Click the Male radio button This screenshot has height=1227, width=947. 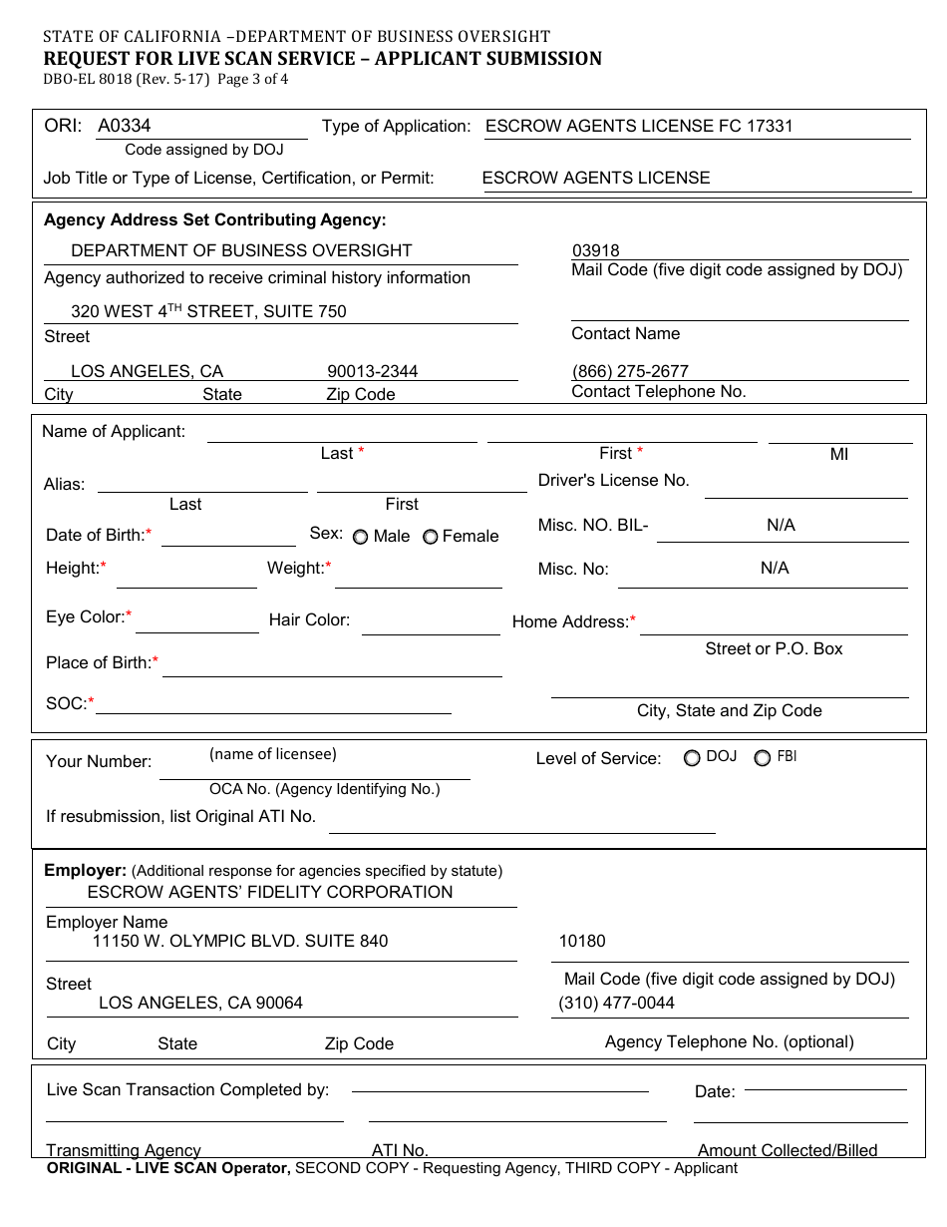tap(360, 537)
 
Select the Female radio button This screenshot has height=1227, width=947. tap(430, 537)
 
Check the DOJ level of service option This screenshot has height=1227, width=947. tap(692, 758)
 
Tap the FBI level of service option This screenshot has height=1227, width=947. tap(763, 758)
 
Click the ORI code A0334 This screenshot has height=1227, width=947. tap(125, 126)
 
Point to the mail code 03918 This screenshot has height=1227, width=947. tap(596, 251)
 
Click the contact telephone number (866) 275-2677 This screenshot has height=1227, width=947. tap(630, 371)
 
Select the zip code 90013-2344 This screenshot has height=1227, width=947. tap(373, 371)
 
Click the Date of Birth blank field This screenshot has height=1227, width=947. tap(228, 537)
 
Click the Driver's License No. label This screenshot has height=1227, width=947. tap(614, 480)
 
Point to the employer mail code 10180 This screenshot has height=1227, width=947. tap(582, 941)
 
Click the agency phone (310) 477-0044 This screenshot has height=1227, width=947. tap(617, 1003)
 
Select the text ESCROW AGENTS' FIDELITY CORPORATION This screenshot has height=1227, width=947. tap(270, 892)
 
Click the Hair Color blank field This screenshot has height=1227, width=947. tap(431, 624)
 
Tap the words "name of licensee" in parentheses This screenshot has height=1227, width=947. tap(273, 754)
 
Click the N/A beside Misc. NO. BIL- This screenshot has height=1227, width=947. tap(781, 525)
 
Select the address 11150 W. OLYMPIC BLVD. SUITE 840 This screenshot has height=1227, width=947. tap(240, 941)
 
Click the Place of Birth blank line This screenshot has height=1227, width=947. tap(332, 666)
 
